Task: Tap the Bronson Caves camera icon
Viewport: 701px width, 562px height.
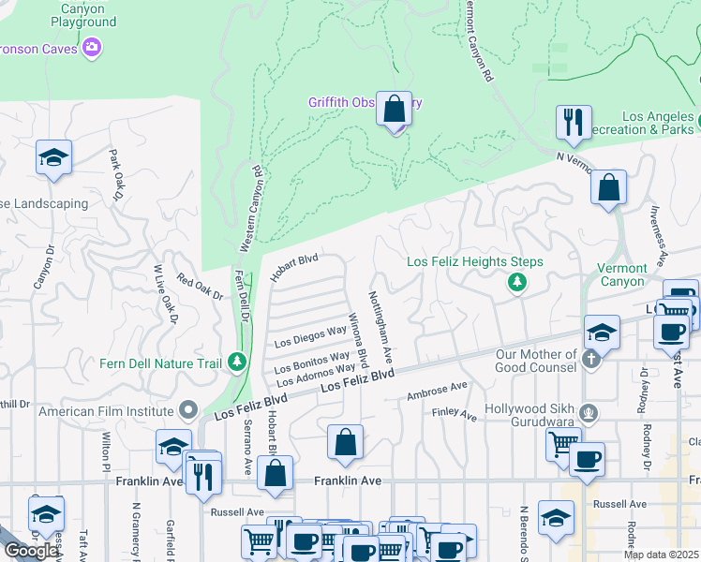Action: pos(92,46)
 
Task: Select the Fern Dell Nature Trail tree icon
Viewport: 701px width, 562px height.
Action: pos(238,362)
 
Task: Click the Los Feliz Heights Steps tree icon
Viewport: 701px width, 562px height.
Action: pos(515,281)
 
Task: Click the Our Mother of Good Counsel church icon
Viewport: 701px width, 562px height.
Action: pos(591,357)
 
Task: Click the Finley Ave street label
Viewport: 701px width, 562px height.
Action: pos(455,413)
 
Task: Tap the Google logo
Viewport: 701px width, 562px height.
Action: pos(31,550)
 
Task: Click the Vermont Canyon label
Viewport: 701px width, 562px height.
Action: pos(621,274)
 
